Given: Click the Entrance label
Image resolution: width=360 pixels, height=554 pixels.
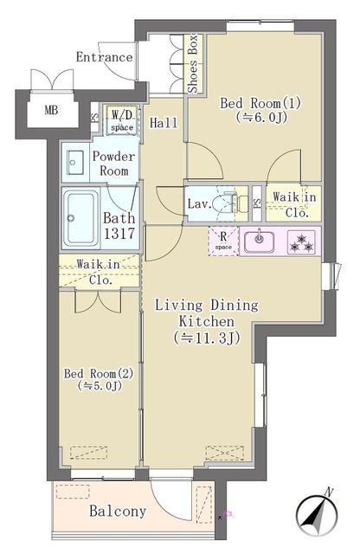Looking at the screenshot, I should (x=104, y=58).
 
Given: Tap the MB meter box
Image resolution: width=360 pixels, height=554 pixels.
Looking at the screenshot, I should (x=38, y=110).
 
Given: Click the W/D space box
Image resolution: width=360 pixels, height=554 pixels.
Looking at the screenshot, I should (x=119, y=119).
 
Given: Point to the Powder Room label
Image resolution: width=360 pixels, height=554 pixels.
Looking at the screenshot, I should (x=113, y=163).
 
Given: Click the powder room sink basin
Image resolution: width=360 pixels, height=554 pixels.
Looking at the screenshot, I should (x=75, y=161).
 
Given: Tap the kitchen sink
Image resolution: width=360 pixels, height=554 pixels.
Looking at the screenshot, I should (x=257, y=241).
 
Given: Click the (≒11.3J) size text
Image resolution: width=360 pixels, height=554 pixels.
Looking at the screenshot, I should (x=206, y=338).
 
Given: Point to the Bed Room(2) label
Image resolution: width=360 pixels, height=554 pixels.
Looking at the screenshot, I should (x=98, y=373).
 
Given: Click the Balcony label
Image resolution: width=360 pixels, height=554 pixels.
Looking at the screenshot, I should (x=118, y=511).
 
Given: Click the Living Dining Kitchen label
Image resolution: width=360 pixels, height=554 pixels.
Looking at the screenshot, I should (x=206, y=312).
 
